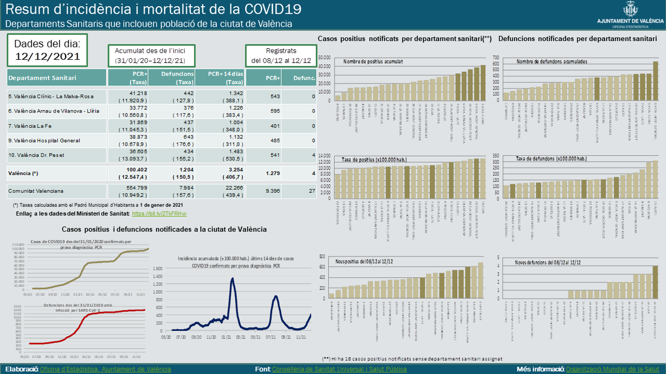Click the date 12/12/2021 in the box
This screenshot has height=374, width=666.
click(47, 56)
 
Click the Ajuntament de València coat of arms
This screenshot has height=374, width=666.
click(631, 9)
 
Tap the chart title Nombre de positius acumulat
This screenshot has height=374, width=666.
click(373, 62)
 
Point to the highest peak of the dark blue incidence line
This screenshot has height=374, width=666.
click(232, 279)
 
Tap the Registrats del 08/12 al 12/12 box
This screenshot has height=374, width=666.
click(280, 55)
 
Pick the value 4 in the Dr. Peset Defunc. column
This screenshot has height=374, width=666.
click(314, 155)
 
